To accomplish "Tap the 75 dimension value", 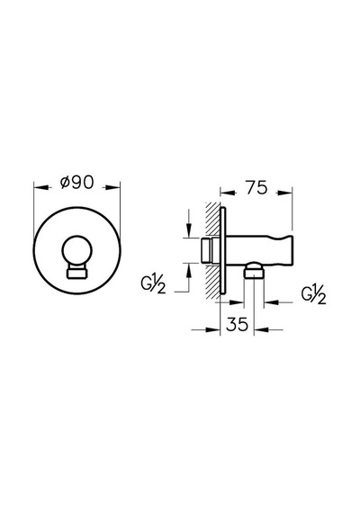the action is [x=256, y=188].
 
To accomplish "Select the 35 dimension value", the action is [x=237, y=325].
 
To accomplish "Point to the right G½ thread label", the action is [x=313, y=294].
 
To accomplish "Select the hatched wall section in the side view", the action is [x=212, y=250].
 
